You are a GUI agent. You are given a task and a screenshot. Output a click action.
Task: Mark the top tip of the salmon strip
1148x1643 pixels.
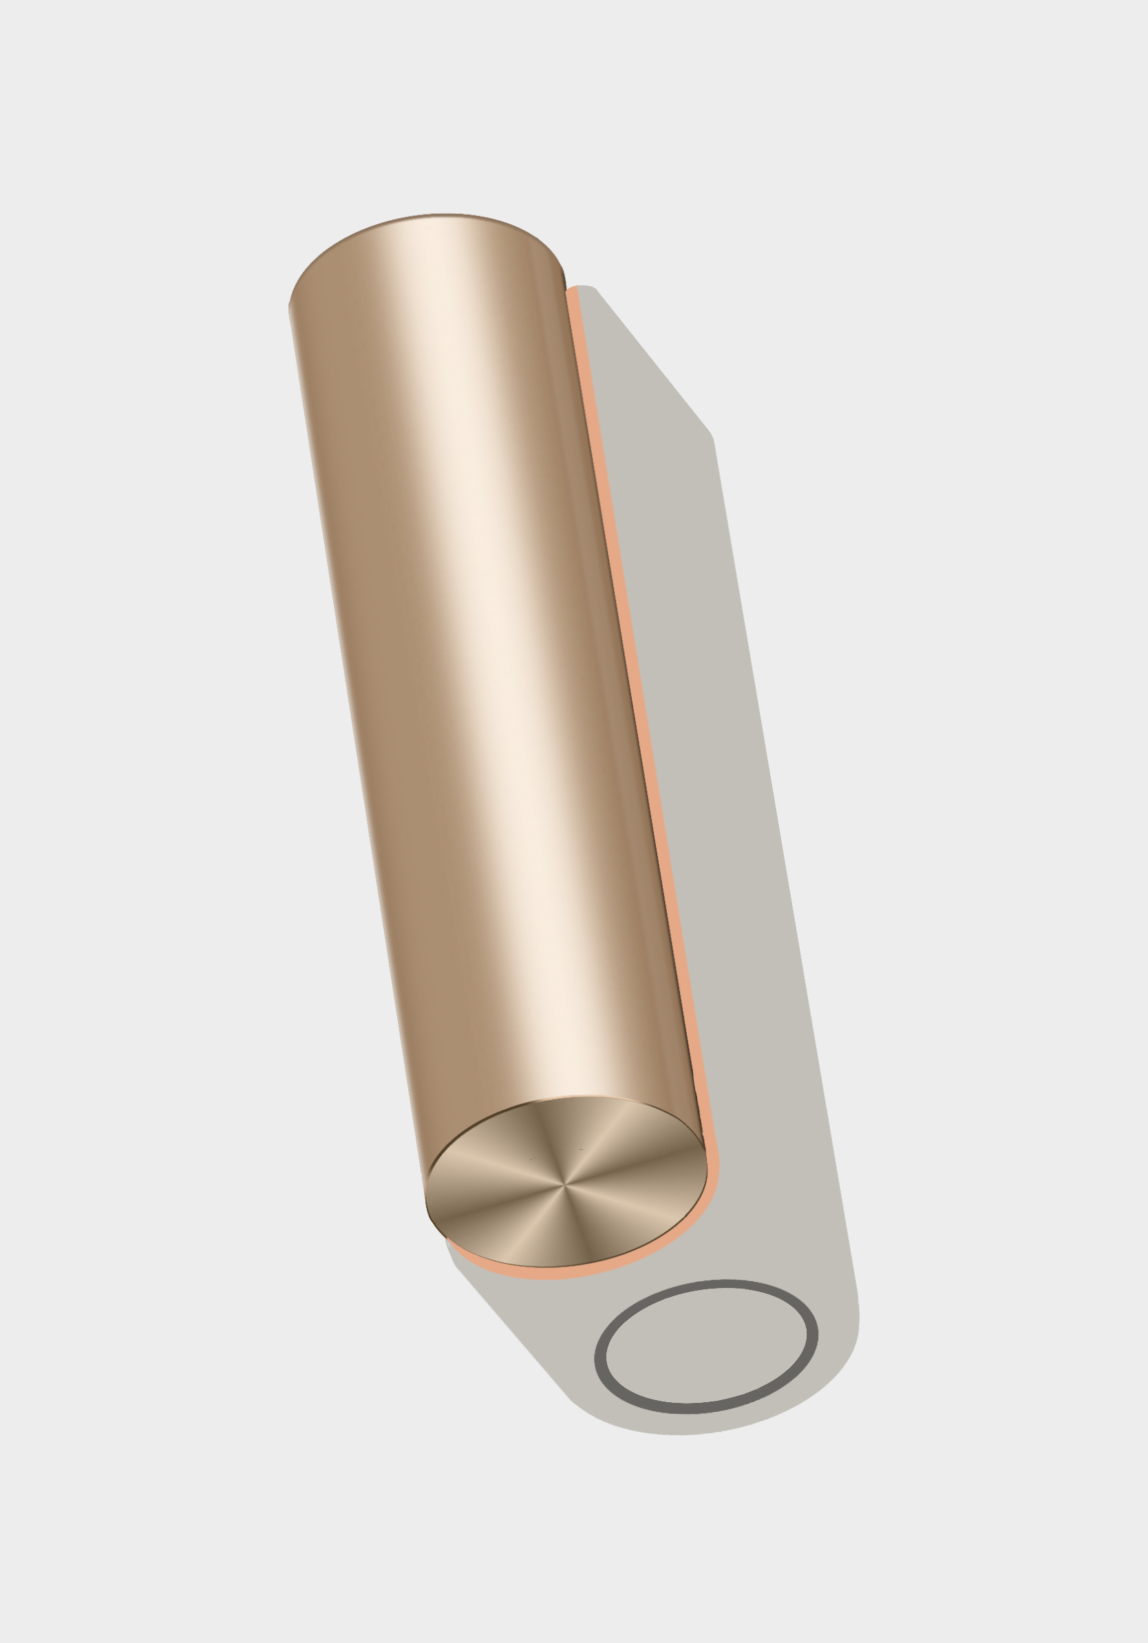pyautogui.click(x=572, y=290)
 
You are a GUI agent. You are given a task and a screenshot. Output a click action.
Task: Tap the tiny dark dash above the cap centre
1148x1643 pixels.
pyautogui.click(x=580, y=1149)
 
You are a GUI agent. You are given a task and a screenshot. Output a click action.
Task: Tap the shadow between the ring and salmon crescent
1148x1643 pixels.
pyautogui.click(x=608, y=1288)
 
